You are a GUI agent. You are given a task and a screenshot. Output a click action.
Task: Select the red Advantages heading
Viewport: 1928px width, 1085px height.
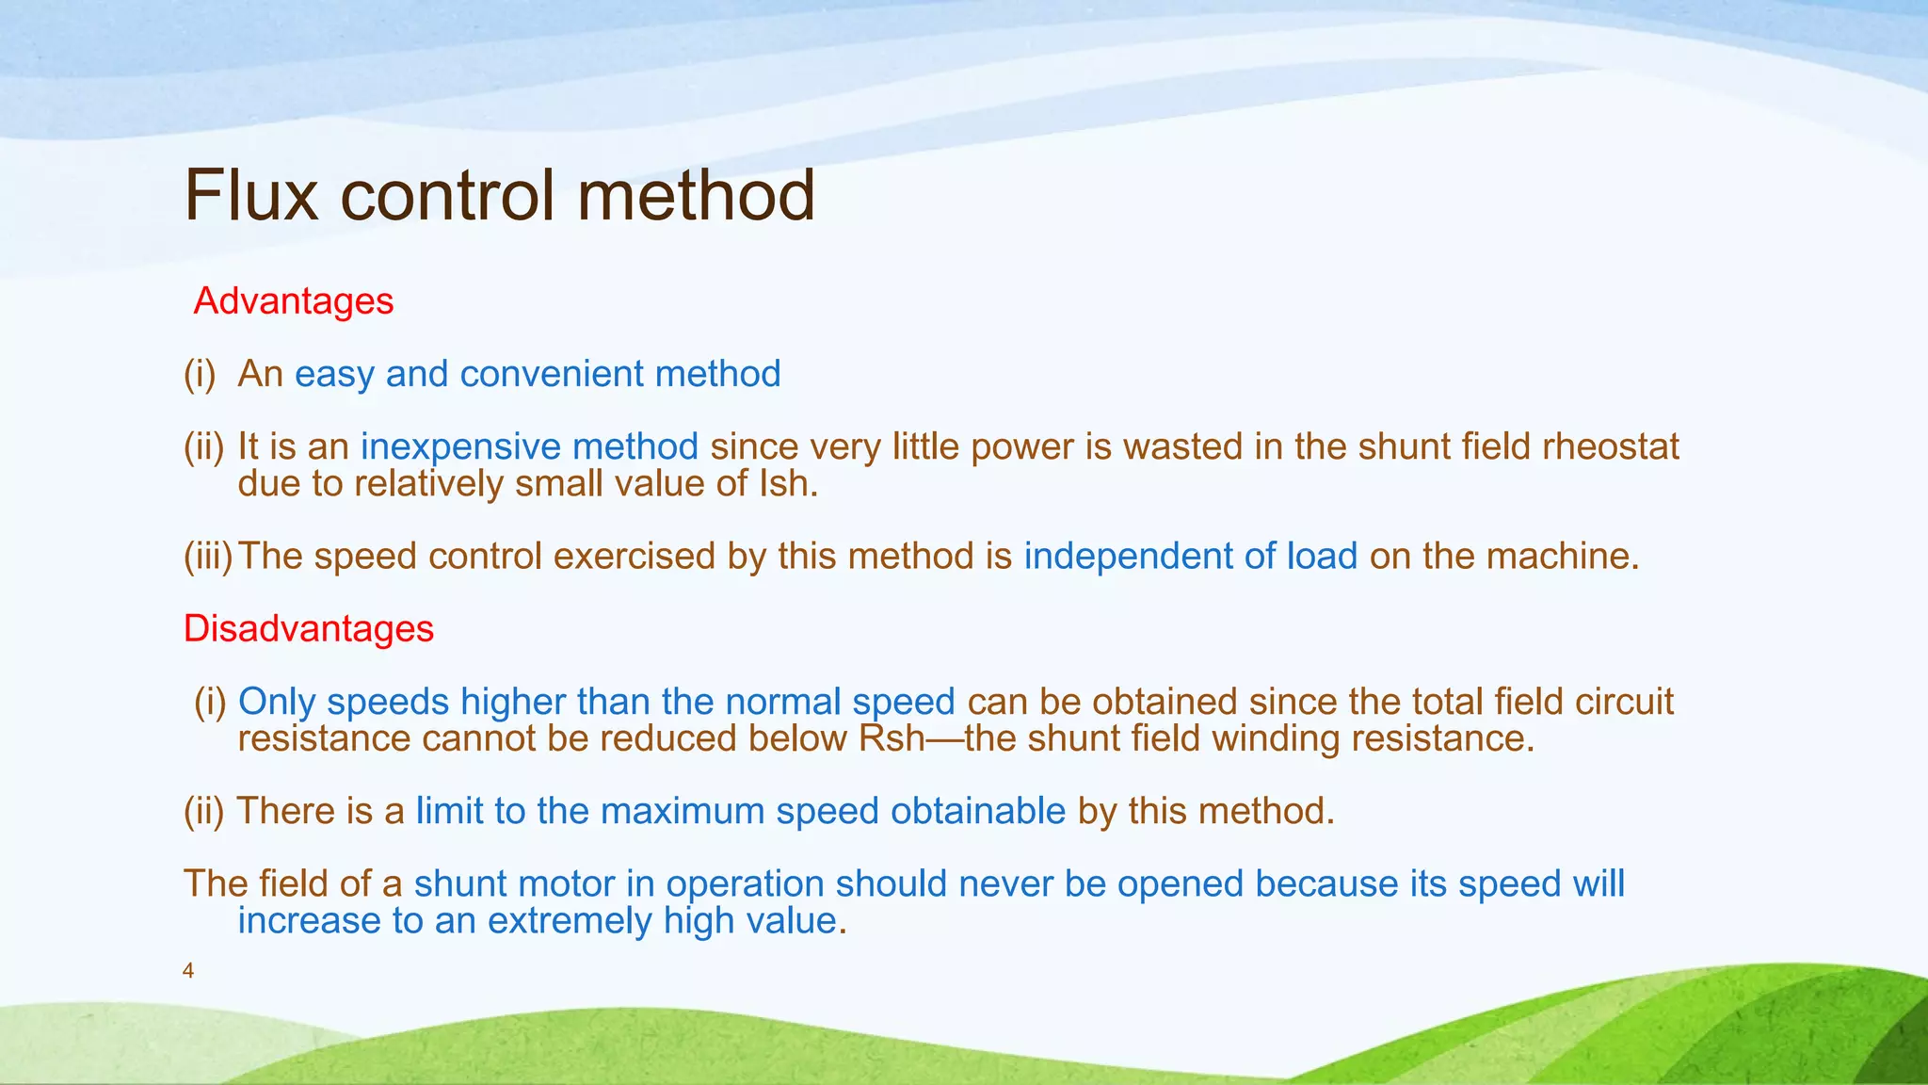[294, 301]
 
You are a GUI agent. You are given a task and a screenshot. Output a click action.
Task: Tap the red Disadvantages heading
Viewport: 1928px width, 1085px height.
[309, 628]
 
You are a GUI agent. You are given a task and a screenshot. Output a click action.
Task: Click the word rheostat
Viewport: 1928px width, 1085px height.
[1611, 446]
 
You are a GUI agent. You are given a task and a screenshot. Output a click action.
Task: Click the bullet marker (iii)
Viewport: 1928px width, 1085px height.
[207, 556]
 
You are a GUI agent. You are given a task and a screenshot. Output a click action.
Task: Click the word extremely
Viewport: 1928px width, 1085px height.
[569, 920]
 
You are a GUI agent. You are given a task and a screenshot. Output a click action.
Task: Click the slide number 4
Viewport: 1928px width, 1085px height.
[188, 971]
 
